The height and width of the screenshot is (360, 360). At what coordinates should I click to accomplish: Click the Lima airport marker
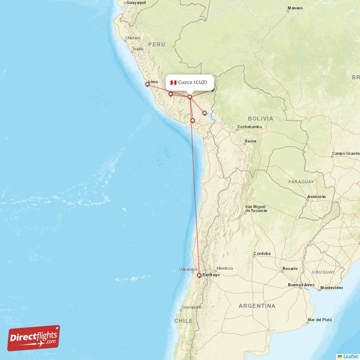(147, 84)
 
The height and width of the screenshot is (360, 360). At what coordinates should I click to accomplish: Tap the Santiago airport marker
(199, 275)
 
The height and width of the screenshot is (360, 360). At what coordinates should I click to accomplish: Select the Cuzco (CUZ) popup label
(193, 82)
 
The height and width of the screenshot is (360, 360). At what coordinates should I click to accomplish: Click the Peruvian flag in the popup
(173, 82)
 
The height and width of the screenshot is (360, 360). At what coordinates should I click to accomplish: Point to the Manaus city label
(295, 8)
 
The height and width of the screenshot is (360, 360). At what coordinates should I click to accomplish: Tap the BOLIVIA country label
(260, 118)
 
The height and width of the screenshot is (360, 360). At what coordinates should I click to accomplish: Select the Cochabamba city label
(249, 127)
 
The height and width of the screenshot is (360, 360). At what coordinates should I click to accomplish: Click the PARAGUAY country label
(301, 182)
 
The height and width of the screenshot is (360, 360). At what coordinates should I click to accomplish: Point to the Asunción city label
(316, 197)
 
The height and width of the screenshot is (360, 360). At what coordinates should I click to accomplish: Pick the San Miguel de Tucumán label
(256, 209)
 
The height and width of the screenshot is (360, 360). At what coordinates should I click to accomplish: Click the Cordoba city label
(262, 253)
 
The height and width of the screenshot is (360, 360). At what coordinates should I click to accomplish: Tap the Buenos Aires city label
(301, 285)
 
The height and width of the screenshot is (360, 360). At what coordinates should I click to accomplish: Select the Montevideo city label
(332, 288)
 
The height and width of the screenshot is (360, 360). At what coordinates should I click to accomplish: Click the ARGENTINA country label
(256, 306)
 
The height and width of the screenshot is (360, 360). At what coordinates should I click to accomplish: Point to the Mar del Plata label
(319, 320)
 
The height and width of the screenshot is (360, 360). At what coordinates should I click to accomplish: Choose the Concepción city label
(191, 307)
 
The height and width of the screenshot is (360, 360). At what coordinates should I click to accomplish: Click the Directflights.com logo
(34, 338)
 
